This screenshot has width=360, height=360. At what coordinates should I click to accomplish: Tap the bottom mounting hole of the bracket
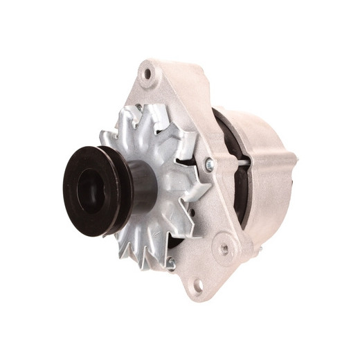(x=198, y=284)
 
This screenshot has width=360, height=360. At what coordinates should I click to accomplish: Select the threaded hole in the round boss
(x=223, y=244)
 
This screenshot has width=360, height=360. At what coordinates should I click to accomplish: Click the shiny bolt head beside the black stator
(x=208, y=164)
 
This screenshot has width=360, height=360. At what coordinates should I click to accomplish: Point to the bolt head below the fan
(x=170, y=261)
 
